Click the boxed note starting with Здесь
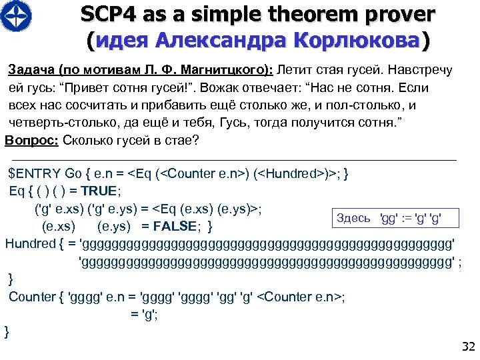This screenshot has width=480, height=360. pyautogui.click(x=389, y=218)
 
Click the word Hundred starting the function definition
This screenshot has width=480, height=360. pyautogui.click(x=30, y=243)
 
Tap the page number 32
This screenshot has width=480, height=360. pyautogui.click(x=467, y=346)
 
